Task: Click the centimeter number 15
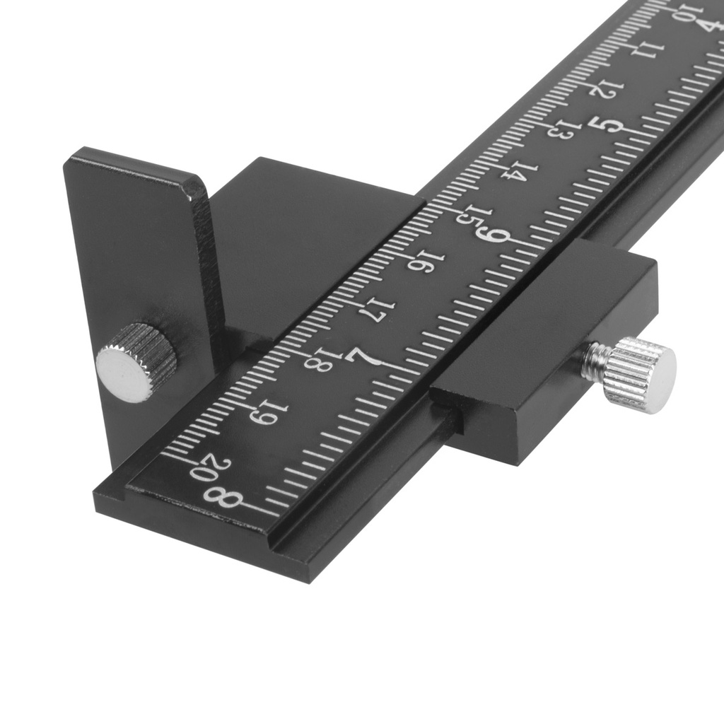pyautogui.click(x=469, y=215)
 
